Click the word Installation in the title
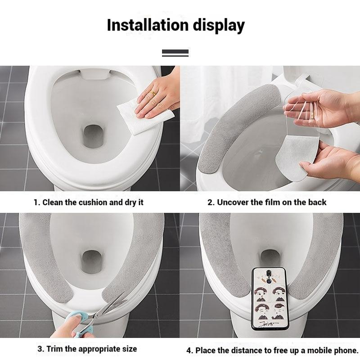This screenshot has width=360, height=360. coord(148,25)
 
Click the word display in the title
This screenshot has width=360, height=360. coord(219,26)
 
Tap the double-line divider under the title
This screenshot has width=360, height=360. coord(175,53)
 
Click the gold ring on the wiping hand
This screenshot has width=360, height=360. coord(153,93)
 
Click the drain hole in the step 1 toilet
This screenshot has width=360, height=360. coord(93,137)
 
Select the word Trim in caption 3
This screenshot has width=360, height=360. coord(54,349)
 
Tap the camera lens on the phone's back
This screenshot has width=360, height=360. coord(269,273)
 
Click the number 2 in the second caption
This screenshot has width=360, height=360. coord(210,202)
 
